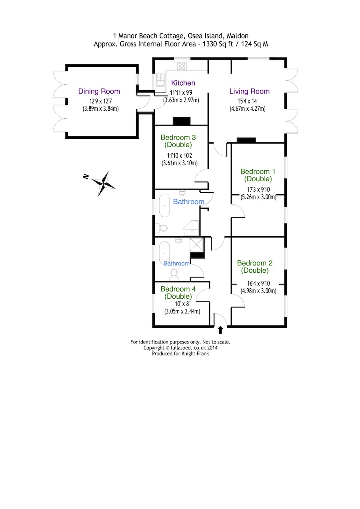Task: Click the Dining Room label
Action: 99,91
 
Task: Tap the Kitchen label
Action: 183,83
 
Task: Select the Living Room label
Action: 249,91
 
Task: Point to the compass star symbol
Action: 104,184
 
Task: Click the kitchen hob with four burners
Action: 182,66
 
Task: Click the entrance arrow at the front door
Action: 220,330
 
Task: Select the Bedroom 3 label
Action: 178,141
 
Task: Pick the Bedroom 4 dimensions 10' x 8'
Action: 182,303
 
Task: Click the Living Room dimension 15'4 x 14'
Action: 248,101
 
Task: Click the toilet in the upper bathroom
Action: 162,228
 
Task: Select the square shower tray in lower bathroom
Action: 197,244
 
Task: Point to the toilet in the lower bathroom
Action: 174,273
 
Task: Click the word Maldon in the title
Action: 238,36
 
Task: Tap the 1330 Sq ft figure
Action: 218,44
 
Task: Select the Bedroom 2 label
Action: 255,267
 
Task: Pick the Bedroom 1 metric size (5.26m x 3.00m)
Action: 258,197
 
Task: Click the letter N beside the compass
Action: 86,176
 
